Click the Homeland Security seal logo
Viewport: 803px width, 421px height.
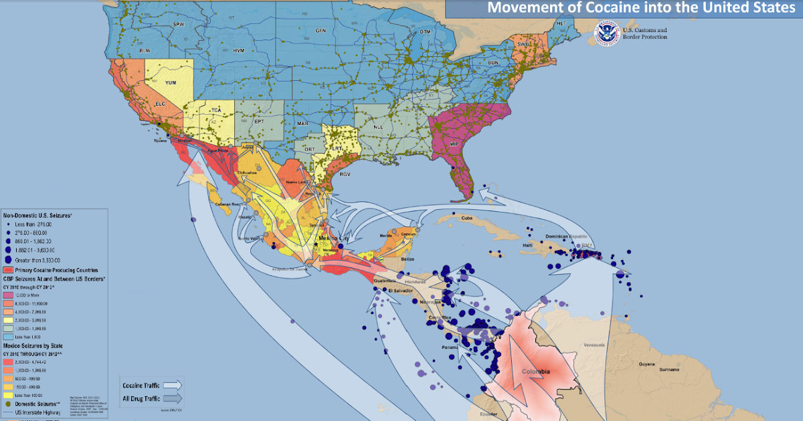tap(607, 32)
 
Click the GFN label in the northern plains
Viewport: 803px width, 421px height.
tap(321, 31)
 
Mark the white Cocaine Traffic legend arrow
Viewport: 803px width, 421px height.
tap(171, 385)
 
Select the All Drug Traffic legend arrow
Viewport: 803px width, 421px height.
tap(171, 399)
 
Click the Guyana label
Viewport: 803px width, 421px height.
tap(646, 364)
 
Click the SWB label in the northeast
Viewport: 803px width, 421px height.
tap(523, 45)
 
